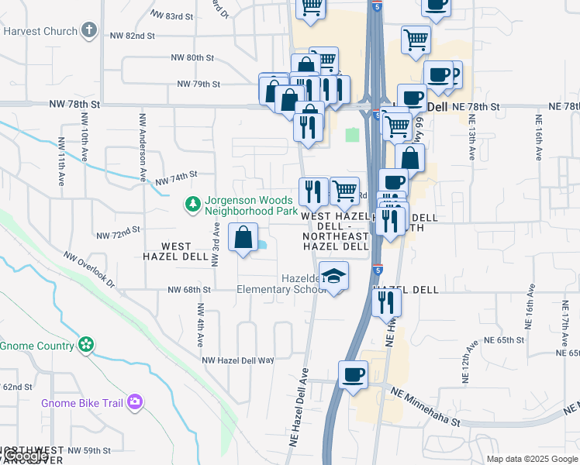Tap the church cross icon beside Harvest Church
[x=90, y=30]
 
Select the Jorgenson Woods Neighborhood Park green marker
[x=192, y=205]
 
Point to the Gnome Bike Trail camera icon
[x=136, y=401]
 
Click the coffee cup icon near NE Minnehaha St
[x=354, y=375]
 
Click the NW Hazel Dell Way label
[x=238, y=360]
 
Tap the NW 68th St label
[x=189, y=290]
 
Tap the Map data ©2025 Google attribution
[x=532, y=459]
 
